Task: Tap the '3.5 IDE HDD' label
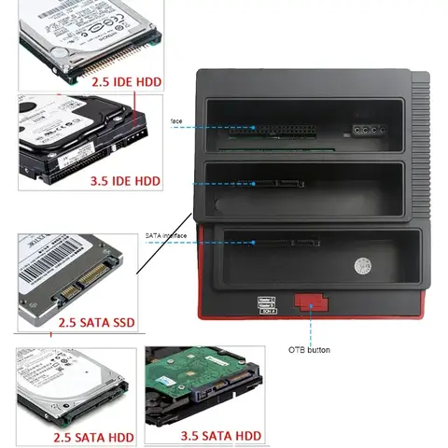click(126, 180)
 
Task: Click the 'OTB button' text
click(309, 350)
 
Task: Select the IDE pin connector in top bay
click(284, 130)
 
